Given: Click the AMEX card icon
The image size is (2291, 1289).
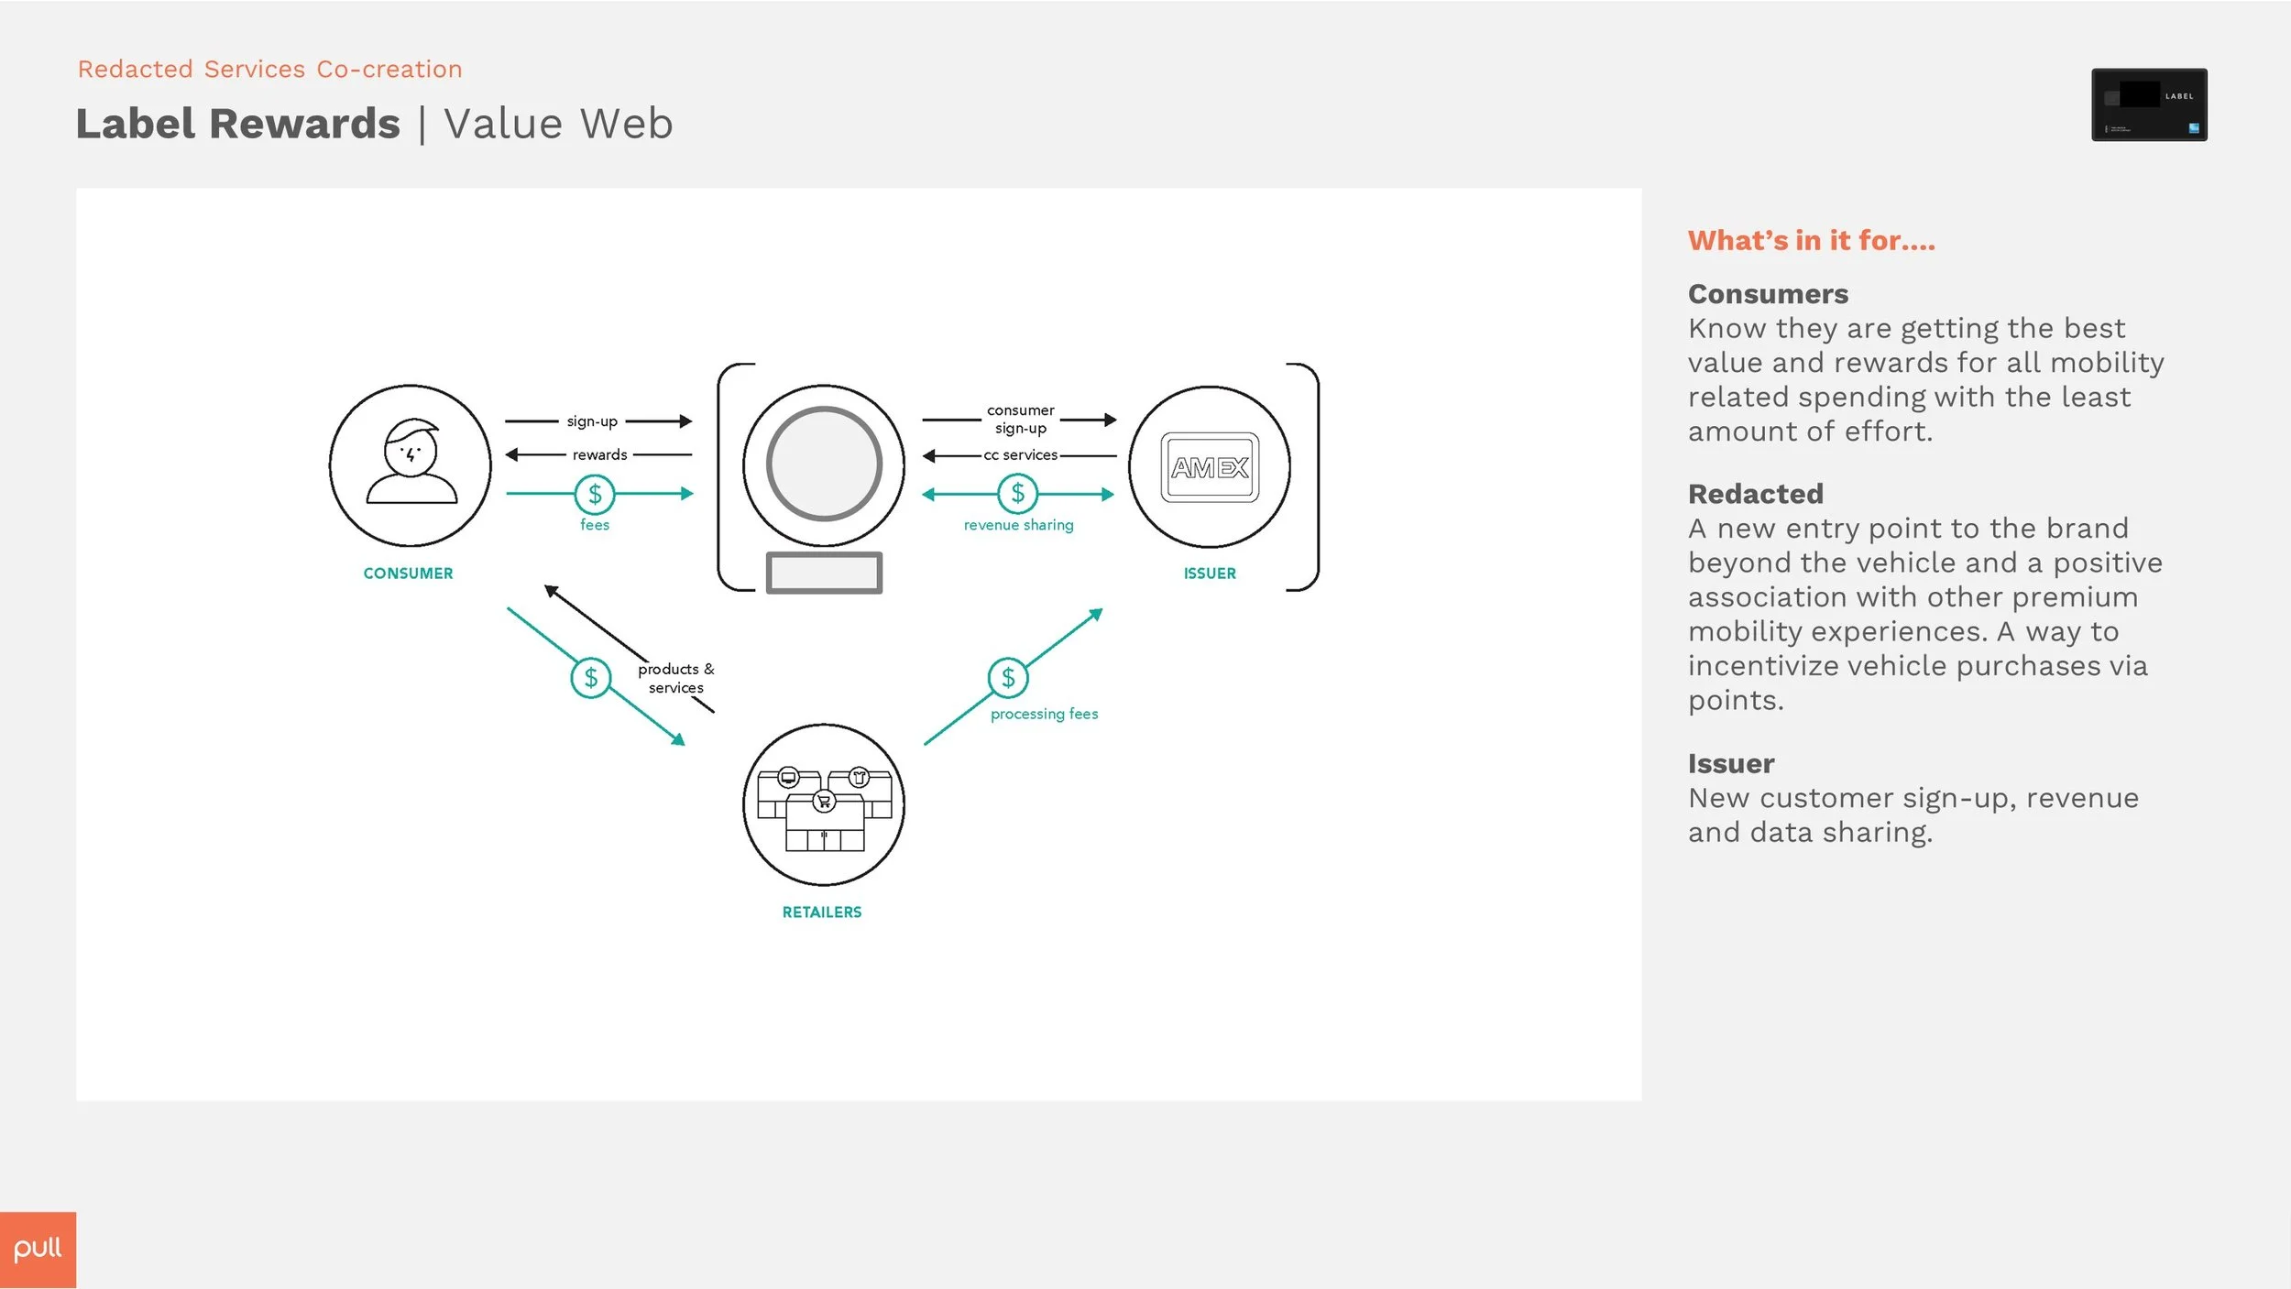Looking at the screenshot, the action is pos(1210,467).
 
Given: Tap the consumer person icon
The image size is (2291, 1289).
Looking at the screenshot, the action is pos(411,462).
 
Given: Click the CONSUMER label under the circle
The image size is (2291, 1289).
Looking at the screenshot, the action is pos(409,573).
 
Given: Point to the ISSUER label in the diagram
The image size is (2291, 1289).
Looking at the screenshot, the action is pos(1210,573).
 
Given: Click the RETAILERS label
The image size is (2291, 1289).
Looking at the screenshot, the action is pos(822,912).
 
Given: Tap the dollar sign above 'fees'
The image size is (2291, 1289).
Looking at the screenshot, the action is pos(595,495).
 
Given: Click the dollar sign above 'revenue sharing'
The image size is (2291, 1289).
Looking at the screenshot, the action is pos(1017,494).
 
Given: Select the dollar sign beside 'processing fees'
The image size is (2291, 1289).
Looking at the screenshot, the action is pos(1008,678).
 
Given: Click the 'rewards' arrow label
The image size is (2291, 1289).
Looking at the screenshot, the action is pos(599,454).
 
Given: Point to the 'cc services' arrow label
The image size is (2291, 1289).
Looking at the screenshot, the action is pos(1021,454).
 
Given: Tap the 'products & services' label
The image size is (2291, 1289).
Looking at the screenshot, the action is pos(676,678).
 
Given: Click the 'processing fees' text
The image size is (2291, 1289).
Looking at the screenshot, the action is pos(1044,714).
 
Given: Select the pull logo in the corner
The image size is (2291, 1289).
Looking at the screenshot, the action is pos(38,1250).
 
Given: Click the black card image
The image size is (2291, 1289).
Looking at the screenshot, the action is pos(2149,104).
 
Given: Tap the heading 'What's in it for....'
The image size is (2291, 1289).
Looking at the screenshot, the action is pos(1812,240).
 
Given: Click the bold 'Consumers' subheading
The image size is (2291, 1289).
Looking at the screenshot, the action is pos(1768,294).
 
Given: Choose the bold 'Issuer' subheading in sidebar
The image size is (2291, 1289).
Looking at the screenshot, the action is pos(1731,763).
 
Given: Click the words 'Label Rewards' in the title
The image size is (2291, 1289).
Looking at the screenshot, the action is pos(238,124).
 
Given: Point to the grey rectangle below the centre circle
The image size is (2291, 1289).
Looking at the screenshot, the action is pos(824,573).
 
